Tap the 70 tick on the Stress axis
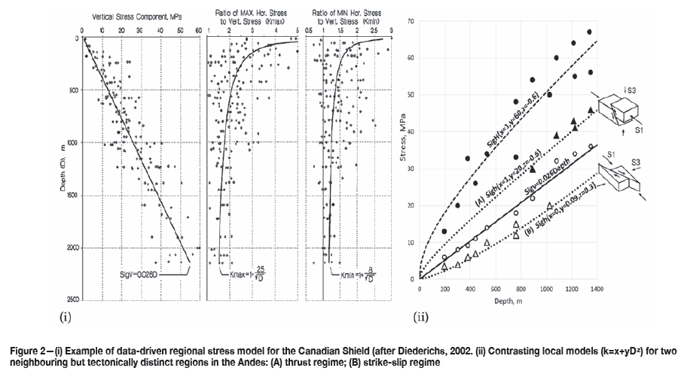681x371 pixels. pos(411,21)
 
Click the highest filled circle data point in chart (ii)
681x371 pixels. pos(589,32)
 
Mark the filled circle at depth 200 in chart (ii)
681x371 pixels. pos(444,231)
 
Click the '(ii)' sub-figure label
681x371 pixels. pos(420,316)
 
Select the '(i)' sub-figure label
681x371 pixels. pos(64,316)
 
